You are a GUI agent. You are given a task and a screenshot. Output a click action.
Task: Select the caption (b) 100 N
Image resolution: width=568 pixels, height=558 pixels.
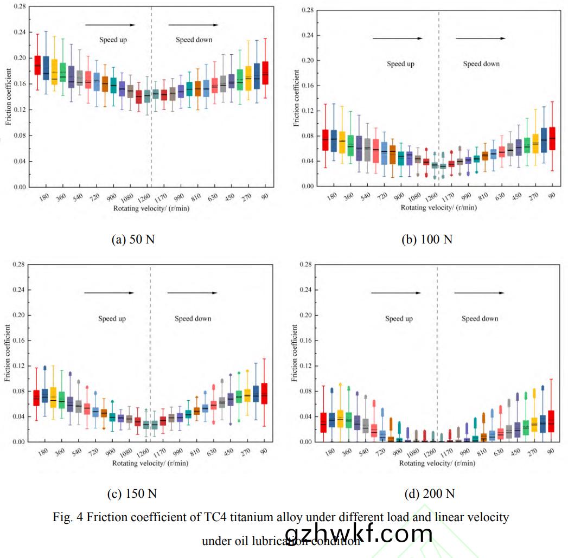coord(427,239)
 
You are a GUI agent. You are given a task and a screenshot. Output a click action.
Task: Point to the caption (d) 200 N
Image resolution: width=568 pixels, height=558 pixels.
coord(430,493)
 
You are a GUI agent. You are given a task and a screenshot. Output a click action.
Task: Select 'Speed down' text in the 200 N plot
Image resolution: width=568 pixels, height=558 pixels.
coord(480,318)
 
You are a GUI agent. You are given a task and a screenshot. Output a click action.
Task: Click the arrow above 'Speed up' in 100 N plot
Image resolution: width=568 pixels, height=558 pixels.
coord(397,38)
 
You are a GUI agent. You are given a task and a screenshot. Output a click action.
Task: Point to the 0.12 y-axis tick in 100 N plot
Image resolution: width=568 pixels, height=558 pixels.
coord(307,111)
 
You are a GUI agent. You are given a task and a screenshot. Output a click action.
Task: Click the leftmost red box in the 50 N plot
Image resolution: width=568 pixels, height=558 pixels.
coord(37,65)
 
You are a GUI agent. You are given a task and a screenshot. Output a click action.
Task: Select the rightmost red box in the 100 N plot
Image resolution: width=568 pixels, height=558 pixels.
coord(552,138)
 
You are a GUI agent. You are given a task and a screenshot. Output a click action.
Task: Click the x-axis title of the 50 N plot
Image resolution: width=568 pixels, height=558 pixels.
coord(151,208)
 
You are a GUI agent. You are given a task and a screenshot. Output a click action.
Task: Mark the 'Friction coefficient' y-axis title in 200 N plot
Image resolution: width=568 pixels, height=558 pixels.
coord(295,352)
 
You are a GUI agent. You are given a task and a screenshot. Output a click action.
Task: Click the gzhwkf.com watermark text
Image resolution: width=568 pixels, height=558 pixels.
coord(359,534)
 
